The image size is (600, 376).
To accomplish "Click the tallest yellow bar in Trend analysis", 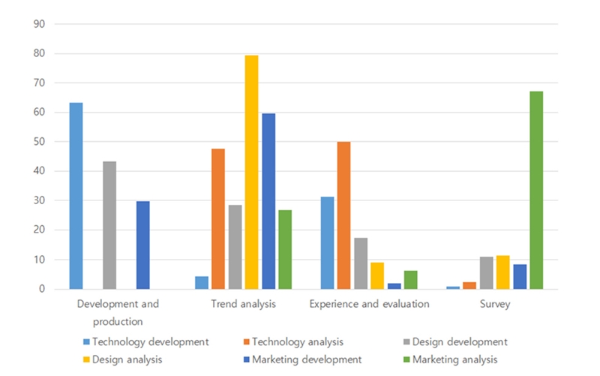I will click(251, 172).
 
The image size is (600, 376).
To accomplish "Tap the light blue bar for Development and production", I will click(76, 196).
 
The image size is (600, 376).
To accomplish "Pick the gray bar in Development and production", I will click(109, 225).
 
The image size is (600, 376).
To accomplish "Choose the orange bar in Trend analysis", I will click(218, 218).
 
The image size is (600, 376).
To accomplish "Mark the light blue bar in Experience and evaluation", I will click(327, 243).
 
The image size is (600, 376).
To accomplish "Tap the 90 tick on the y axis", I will click(40, 24).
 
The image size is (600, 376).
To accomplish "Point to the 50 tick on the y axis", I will click(40, 142).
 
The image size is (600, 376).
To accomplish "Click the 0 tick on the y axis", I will click(43, 289).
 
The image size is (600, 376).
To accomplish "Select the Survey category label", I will click(495, 304).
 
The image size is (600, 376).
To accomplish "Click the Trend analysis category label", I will click(243, 304).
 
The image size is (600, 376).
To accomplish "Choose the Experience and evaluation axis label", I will click(369, 304).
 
